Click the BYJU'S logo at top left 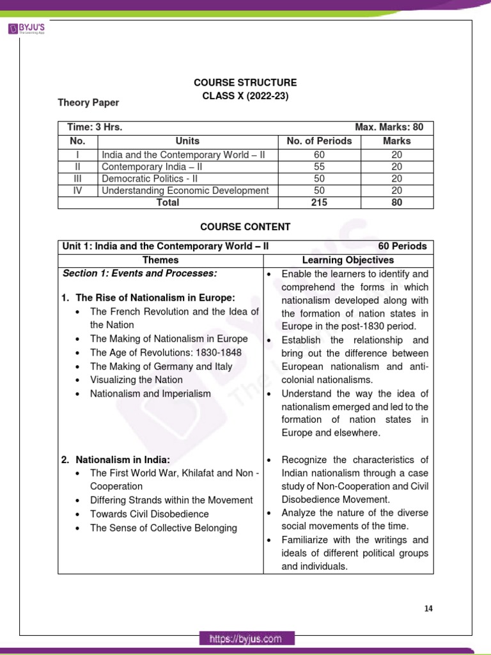[x=29, y=29]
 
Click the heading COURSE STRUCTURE [x=245, y=83]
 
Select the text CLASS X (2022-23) [x=245, y=96]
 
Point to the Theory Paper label [x=88, y=102]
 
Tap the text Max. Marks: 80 [x=389, y=127]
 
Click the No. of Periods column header [x=320, y=141]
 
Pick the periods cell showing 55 [x=320, y=166]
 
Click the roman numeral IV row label [x=77, y=190]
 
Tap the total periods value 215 [x=320, y=202]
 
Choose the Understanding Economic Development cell [x=185, y=190]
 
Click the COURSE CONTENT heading [x=245, y=226]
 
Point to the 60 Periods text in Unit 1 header [x=402, y=246]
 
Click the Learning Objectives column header [x=348, y=260]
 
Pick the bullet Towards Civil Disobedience [x=149, y=514]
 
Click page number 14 [x=428, y=608]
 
